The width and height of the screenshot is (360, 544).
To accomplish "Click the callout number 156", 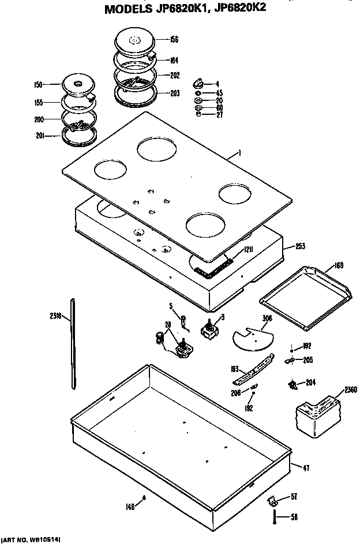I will click(x=175, y=40).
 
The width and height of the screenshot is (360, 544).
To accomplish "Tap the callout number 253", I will click(x=300, y=246).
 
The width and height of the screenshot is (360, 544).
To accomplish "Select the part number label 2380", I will click(x=350, y=389).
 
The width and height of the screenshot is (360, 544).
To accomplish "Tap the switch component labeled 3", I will click(x=209, y=330).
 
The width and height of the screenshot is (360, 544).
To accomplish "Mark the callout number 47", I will click(x=306, y=467).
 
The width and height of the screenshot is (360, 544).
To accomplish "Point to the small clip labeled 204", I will click(x=293, y=383).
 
